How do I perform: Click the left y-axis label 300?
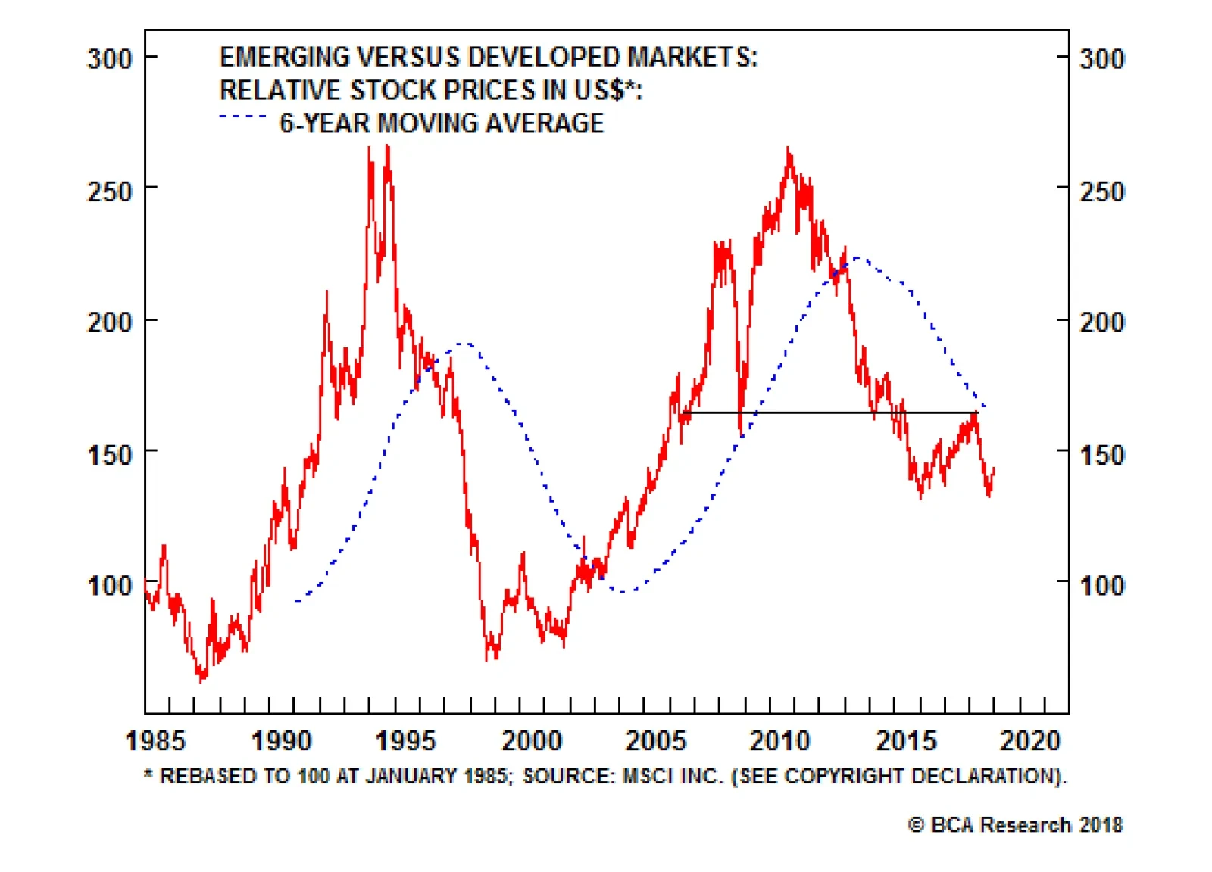click(110, 58)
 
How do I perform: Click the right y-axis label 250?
click(1102, 192)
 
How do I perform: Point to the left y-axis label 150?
click(110, 455)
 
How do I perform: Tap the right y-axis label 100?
click(1102, 585)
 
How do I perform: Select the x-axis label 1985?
click(155, 740)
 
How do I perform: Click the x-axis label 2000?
click(532, 740)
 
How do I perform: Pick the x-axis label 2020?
click(1030, 740)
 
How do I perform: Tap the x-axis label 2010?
click(780, 740)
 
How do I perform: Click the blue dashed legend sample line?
click(242, 117)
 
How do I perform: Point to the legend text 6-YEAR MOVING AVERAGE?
click(442, 123)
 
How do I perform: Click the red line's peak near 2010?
click(789, 149)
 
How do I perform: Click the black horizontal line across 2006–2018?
click(833, 413)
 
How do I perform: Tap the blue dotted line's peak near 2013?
click(857, 258)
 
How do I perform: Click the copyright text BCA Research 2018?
click(1016, 824)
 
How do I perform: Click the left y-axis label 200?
click(110, 322)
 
